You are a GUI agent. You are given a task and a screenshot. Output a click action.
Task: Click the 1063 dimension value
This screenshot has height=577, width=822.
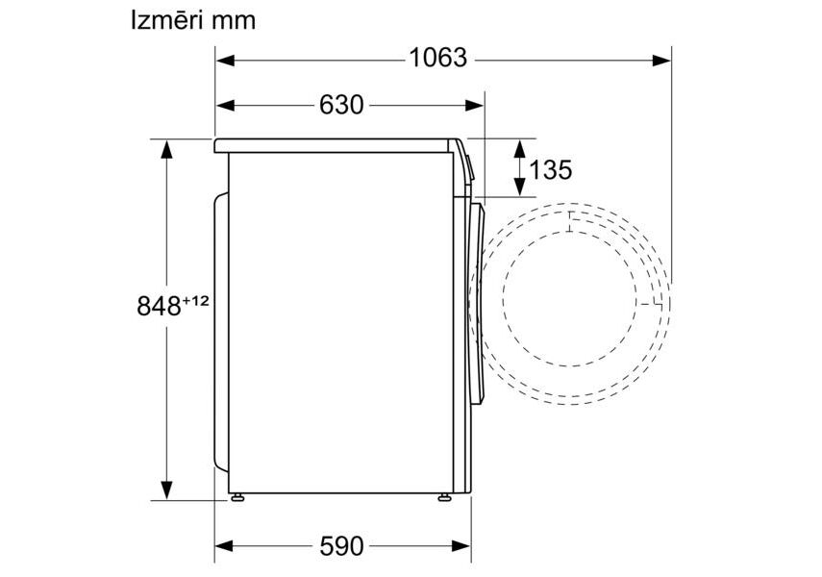pos(437,58)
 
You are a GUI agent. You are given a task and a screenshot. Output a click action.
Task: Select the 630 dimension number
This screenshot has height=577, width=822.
pos(341,105)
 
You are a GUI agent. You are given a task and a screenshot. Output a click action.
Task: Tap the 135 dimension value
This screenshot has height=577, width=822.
pos(551,169)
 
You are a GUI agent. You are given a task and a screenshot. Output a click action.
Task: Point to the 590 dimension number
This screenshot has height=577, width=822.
pos(341,546)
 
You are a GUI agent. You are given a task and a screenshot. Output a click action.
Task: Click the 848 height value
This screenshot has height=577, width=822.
pos(159,306)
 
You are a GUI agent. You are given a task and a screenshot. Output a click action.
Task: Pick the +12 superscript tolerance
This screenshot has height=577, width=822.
pos(195,301)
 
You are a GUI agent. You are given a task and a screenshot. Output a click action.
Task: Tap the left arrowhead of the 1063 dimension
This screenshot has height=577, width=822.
pos(224,61)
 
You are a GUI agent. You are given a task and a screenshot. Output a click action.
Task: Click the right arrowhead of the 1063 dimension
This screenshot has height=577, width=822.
pos(661,61)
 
